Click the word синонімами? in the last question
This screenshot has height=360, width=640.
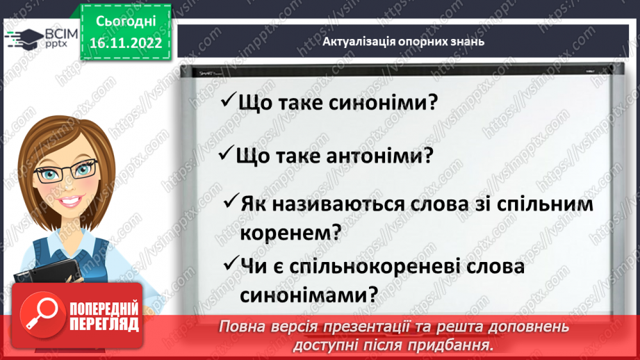309,294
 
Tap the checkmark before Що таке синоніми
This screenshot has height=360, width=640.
227,102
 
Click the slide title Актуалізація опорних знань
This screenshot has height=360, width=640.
403,41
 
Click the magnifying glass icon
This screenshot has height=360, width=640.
40,315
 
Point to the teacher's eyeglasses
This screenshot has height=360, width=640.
66,170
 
